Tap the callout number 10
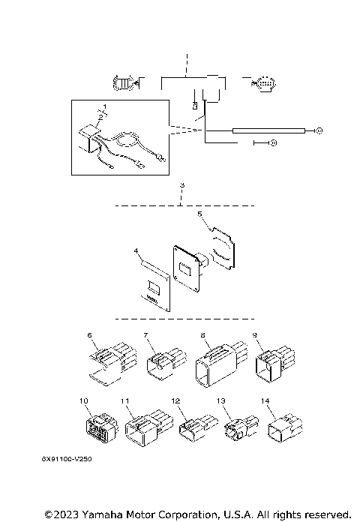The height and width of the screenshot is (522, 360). (84, 400)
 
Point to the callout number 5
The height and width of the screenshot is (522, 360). (199, 214)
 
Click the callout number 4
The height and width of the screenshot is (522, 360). (136, 250)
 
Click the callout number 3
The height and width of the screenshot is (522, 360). (181, 184)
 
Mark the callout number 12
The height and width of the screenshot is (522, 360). (175, 402)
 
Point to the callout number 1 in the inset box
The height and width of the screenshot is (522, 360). (105, 107)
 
